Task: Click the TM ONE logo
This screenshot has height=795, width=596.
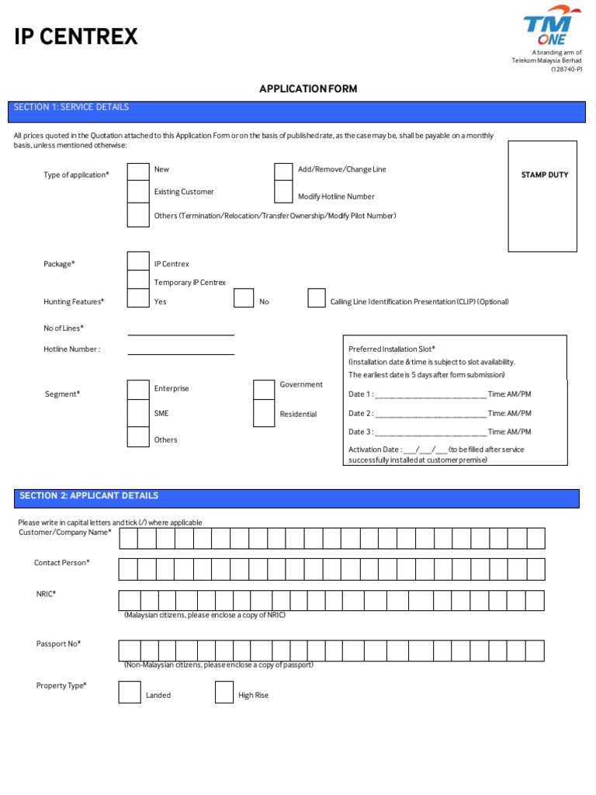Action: coord(556,30)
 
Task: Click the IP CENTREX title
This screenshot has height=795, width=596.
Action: coord(76,36)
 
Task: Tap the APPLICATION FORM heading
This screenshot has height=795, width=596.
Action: coord(308,89)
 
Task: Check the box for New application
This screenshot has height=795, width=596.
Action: coord(138,171)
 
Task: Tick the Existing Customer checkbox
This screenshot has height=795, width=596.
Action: coord(138,192)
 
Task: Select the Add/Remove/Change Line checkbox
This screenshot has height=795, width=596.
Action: coord(283,171)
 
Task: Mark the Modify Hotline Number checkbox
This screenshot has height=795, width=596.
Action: coord(283,193)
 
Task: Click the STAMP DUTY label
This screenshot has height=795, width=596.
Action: coord(544,175)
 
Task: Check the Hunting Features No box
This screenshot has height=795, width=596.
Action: coord(244,298)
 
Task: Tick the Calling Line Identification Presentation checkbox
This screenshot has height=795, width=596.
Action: coord(317,298)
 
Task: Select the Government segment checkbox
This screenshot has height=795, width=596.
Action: coord(264,389)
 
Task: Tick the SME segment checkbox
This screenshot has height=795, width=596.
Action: coord(138,412)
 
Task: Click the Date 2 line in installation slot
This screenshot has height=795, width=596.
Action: coord(431,415)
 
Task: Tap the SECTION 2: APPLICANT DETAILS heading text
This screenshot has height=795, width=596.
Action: coord(89,495)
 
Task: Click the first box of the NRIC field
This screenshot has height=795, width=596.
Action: coord(129,600)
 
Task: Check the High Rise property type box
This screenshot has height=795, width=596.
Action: coord(224,692)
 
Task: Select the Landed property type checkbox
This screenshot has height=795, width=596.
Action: coord(130,692)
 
